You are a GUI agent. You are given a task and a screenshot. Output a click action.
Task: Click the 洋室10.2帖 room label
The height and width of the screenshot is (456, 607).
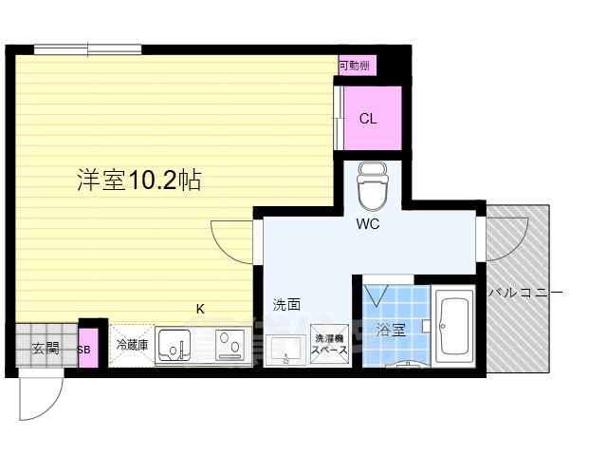(139, 180)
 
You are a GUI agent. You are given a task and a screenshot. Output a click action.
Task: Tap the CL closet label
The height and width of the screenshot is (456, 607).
(368, 118)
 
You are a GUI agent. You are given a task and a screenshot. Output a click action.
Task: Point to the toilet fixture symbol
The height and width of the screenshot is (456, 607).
(373, 186)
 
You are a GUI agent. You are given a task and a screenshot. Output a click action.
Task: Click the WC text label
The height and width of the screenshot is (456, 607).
(368, 224)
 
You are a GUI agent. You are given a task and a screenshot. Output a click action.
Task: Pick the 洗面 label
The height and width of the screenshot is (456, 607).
(286, 304)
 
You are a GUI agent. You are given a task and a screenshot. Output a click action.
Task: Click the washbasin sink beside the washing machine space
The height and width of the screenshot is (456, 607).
(286, 351)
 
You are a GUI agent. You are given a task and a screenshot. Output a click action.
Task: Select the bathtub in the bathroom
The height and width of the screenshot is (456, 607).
(453, 326)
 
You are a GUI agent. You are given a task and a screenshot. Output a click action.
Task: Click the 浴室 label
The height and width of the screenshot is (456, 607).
(391, 331)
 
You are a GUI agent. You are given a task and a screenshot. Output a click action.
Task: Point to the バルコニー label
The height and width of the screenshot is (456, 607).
(524, 292)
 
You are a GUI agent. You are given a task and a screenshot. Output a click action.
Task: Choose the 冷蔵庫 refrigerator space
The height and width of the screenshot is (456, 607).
(132, 345)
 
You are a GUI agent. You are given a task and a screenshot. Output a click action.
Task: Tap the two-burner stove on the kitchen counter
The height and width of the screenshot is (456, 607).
(230, 345)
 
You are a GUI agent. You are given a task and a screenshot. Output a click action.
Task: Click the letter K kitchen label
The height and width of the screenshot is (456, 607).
(200, 309)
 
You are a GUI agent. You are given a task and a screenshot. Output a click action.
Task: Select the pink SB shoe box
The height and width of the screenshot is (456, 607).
(88, 349)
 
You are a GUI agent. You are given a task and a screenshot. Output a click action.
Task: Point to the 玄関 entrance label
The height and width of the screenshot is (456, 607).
(46, 349)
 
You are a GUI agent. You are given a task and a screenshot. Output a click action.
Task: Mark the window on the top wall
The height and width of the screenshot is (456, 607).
(88, 49)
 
